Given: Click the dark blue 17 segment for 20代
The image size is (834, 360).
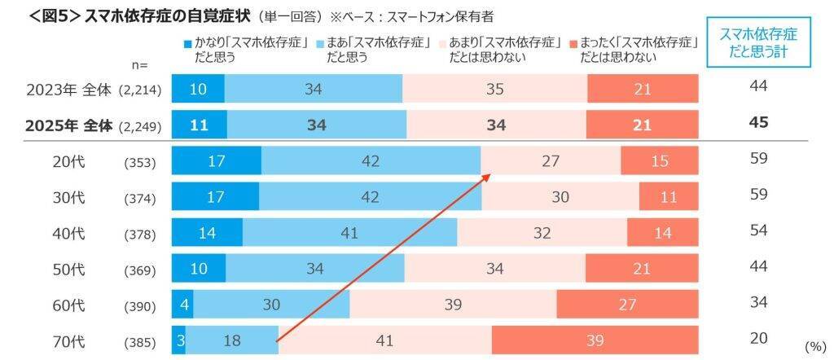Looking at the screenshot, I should (216, 160).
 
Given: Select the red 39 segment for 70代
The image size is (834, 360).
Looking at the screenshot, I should (595, 340).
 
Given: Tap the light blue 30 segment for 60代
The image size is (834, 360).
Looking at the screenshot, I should (269, 305).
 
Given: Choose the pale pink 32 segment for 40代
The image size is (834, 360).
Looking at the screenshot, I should (541, 232).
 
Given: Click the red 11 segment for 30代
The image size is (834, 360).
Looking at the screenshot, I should (669, 196).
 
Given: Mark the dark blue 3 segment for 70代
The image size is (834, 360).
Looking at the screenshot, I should (179, 340).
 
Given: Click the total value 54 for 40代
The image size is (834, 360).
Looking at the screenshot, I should (758, 230).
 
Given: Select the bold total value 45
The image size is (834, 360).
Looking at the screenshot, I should (758, 123).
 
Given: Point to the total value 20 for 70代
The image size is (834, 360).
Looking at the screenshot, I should (758, 339).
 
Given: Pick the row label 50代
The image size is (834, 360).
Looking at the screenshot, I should (68, 268).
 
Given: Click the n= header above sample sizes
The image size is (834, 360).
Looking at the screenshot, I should (139, 64).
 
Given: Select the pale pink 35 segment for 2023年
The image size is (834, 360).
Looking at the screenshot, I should (494, 89).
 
